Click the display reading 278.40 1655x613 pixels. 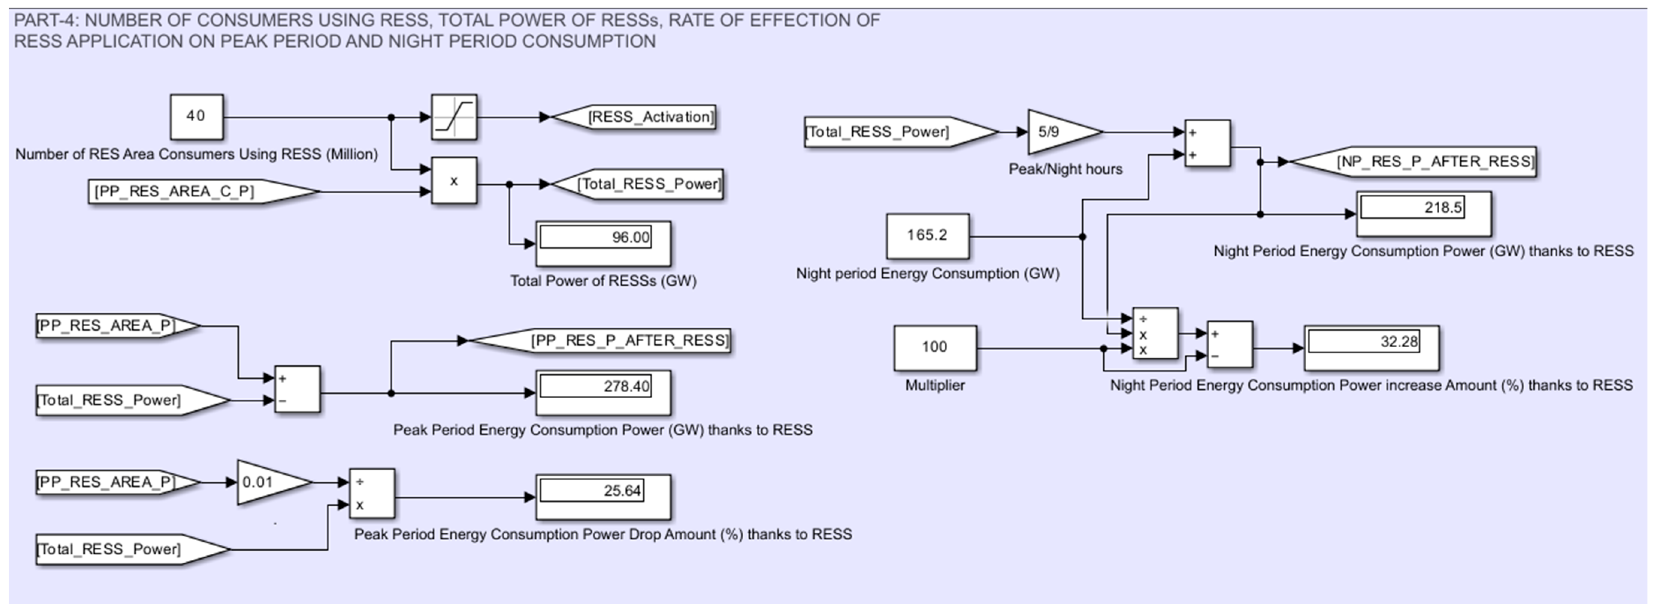(603, 392)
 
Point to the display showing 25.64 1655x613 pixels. (603, 496)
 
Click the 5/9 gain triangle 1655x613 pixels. (1057, 132)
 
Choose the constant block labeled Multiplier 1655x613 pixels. (935, 347)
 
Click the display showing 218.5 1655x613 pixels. (1423, 214)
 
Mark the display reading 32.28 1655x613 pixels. (1371, 347)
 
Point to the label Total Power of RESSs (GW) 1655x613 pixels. (603, 280)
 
